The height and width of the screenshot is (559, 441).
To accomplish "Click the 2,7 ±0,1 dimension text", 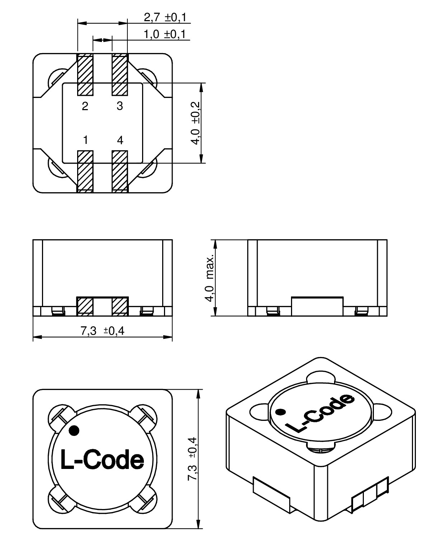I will (166, 17).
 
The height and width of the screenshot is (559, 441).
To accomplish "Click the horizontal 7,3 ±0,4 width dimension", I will (103, 331).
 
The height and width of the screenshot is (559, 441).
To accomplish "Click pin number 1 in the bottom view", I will (85, 140).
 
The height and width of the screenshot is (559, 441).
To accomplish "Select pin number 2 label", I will (85, 106).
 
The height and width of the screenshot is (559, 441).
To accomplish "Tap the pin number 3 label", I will (120, 106).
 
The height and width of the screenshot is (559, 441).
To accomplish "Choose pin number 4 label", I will (120, 140).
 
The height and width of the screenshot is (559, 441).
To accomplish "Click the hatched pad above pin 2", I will (85, 75).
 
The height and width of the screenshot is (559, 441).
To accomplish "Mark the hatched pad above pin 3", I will (120, 75).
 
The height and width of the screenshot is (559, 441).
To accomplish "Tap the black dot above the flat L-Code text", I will (74, 430).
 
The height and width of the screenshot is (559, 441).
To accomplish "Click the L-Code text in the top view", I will (102, 460).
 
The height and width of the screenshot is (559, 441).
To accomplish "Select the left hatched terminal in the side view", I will (85, 306).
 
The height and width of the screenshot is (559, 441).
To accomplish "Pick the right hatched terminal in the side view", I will (120, 306).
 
